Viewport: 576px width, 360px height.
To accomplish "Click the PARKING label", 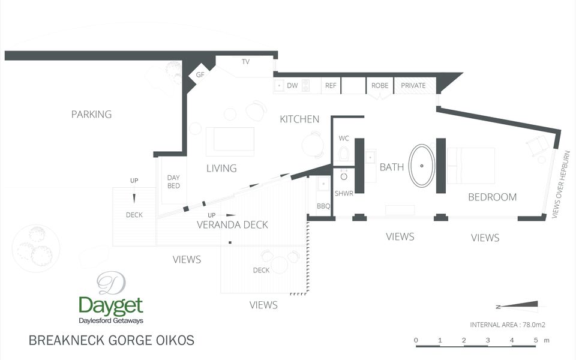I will click(x=91, y=114).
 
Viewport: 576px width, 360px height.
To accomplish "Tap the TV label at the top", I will click(x=245, y=62).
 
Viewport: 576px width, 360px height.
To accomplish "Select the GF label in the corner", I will click(x=200, y=75).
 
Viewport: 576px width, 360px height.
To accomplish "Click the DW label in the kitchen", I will click(x=292, y=86).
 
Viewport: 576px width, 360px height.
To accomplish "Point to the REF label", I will click(x=331, y=86).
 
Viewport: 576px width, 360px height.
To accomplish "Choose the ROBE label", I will click(x=380, y=86).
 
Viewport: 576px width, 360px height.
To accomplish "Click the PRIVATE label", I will click(x=413, y=86).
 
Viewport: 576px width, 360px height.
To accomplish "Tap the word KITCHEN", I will click(x=299, y=119).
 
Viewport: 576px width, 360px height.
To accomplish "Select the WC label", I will click(x=344, y=138).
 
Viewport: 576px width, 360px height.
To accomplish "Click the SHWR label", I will click(x=344, y=193).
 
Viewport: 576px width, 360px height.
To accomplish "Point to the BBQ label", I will click(x=323, y=206).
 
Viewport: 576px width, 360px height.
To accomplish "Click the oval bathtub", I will click(x=422, y=166).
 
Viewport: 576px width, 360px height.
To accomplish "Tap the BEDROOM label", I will click(x=492, y=197).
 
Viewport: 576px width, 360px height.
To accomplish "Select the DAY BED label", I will click(x=173, y=182).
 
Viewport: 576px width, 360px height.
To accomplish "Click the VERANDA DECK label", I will click(x=232, y=225).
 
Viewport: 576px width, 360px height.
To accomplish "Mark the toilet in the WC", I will click(x=344, y=155).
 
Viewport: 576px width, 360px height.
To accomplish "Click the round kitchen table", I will click(x=313, y=145).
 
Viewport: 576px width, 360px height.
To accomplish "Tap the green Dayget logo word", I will click(x=110, y=305).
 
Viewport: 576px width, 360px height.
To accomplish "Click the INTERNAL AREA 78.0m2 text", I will click(x=507, y=325).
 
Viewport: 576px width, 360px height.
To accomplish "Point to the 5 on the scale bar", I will click(x=535, y=340).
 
